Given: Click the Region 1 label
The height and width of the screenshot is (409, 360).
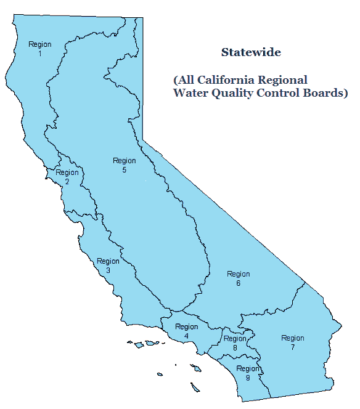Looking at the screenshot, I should point(40,49).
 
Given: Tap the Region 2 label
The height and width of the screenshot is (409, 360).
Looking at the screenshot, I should point(67,176).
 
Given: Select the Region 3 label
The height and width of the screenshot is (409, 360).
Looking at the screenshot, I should point(108,265).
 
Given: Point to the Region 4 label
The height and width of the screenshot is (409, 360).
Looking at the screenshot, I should point(186,331).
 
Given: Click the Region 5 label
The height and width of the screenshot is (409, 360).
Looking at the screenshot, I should point(124,165).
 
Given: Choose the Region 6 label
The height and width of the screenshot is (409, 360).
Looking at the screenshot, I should point(238,278).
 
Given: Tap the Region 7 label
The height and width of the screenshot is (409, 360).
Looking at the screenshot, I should point(292,342).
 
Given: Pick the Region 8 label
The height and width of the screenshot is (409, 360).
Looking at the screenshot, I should point(235,343).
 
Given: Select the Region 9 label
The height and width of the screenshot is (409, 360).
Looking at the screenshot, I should point(247,373).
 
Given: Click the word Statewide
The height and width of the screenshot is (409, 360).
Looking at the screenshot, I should point(251,53).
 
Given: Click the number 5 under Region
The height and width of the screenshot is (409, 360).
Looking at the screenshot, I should point(124,169).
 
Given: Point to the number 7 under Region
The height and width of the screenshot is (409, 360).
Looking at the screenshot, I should point(292,347).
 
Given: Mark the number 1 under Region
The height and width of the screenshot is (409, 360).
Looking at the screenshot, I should point(40,54).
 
